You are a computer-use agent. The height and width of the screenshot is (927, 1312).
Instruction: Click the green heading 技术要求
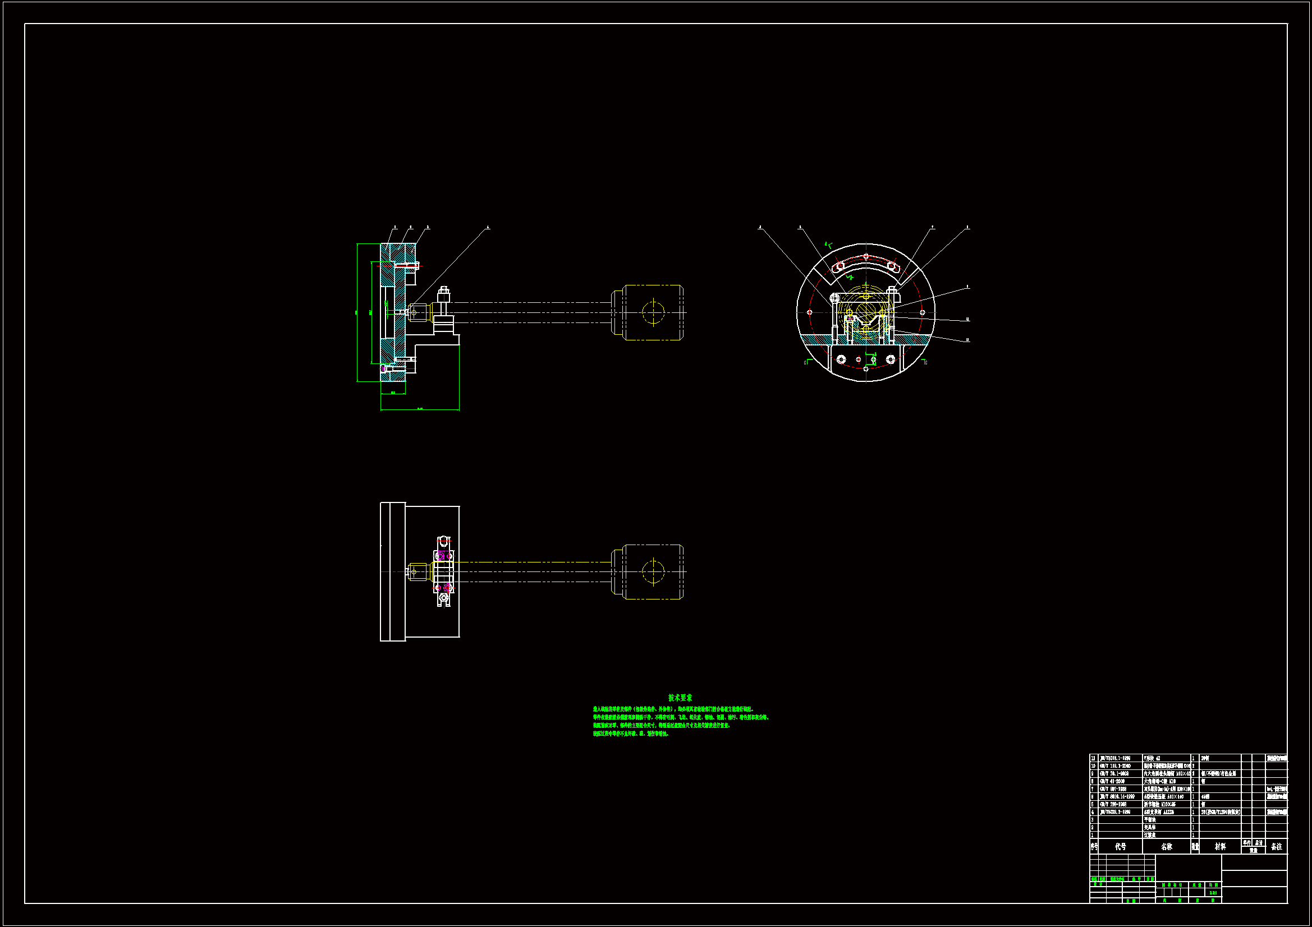click(x=680, y=698)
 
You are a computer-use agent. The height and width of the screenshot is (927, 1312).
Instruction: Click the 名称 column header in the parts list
click(x=1166, y=846)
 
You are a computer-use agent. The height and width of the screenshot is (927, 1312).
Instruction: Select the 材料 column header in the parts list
click(x=1220, y=846)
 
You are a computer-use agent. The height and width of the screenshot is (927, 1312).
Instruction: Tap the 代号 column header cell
click(x=1120, y=846)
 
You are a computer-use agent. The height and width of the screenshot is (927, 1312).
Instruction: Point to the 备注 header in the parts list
click(x=1277, y=846)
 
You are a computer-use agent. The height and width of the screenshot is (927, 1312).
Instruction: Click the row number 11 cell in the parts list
click(x=1094, y=759)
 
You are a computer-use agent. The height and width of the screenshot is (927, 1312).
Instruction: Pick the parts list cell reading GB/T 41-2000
click(x=1112, y=781)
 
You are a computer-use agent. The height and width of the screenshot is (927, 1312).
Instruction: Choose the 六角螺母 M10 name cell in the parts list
click(x=1159, y=781)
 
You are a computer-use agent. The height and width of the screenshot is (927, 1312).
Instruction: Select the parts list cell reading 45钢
click(x=1205, y=796)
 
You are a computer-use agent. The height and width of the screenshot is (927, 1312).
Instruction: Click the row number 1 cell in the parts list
click(x=1094, y=835)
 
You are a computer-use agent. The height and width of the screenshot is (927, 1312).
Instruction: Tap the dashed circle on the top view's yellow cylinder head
click(x=653, y=312)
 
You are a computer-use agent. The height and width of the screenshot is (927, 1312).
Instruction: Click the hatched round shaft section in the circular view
click(x=866, y=313)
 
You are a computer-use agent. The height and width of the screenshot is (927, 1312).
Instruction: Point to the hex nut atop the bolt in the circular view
click(x=892, y=290)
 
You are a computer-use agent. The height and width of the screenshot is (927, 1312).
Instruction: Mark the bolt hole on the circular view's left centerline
click(x=809, y=312)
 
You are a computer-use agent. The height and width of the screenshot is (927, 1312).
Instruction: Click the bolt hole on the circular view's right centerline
click(x=923, y=312)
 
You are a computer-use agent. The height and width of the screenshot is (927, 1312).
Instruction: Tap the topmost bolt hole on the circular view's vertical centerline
click(x=866, y=256)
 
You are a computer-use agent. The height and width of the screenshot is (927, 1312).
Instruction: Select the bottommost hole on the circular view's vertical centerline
click(x=866, y=369)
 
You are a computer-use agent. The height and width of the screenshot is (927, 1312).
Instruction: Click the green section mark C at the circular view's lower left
click(x=806, y=362)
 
